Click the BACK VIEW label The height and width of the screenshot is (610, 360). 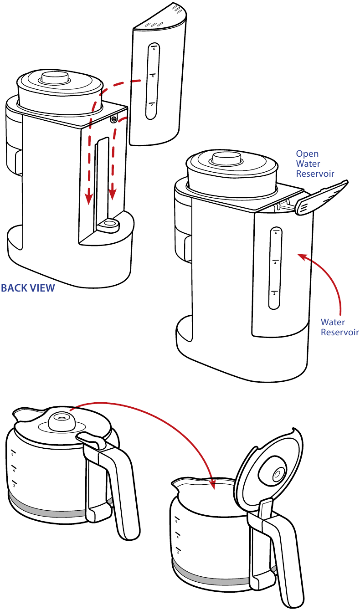(x=28, y=288)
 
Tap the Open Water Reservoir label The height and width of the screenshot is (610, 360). (x=315, y=164)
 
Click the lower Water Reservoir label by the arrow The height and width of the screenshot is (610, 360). (x=339, y=327)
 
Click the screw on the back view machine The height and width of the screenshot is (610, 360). (x=113, y=119)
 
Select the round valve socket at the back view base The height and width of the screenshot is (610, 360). (x=109, y=224)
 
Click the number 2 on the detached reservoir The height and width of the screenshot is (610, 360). (x=152, y=105)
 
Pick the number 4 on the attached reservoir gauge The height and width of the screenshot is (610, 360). (x=275, y=263)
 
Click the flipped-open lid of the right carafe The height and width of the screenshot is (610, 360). (x=270, y=469)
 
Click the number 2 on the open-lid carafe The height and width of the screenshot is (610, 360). (x=177, y=551)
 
